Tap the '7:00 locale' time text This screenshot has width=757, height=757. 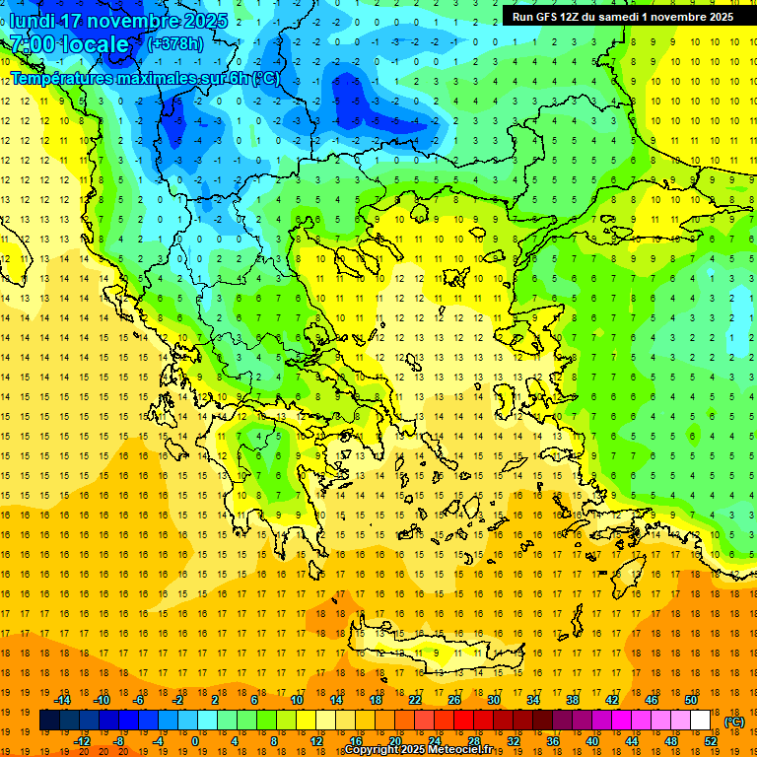point(69,44)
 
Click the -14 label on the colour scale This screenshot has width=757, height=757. point(62,700)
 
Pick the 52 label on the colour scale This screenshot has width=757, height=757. point(711,741)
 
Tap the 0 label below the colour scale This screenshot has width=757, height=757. point(195,741)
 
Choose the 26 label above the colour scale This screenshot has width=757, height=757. point(454,700)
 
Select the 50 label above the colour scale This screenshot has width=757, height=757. point(691,700)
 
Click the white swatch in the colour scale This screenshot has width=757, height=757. point(700,721)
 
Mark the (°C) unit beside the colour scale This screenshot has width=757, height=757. point(733,722)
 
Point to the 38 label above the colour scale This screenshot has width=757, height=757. point(573,700)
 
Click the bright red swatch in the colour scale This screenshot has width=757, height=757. point(463,721)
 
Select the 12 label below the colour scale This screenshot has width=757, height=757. point(316,741)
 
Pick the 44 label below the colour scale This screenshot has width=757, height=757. point(632,741)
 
